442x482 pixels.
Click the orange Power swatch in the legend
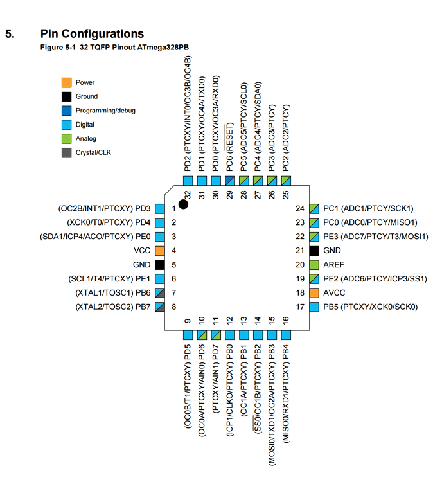tap(66, 82)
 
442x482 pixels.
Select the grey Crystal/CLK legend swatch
tap(66, 152)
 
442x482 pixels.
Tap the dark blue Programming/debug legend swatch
tap(66, 111)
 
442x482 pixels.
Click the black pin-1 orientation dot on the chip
tap(183, 204)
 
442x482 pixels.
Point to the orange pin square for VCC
tap(160, 251)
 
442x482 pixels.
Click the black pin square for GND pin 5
tap(160, 265)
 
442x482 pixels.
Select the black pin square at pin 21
tap(314, 251)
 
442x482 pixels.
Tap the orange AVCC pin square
tap(314, 292)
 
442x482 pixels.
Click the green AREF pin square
tap(314, 265)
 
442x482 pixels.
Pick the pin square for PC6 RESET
tap(230, 181)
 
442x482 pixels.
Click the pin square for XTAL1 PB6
tap(160, 292)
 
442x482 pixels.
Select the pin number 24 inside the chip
tap(300, 208)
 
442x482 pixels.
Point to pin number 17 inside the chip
tap(300, 307)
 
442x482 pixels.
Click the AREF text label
tap(334, 265)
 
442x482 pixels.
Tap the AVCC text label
tap(334, 292)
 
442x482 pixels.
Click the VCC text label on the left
tap(142, 251)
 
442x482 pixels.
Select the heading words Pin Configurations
tap(93, 34)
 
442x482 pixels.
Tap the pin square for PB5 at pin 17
tap(314, 307)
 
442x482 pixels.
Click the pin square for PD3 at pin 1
tap(160, 208)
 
